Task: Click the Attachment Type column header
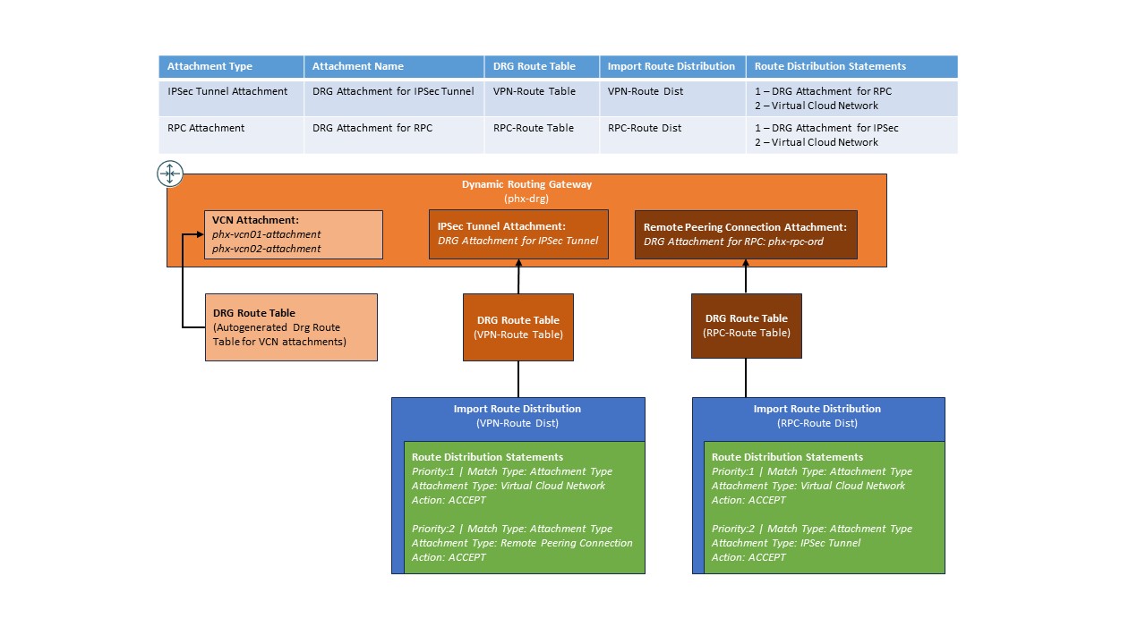210,66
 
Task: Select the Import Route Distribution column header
671,66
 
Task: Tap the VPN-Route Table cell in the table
535,91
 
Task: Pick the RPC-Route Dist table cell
645,128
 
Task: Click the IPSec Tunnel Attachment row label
227,91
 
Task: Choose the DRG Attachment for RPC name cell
372,128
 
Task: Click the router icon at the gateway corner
170,174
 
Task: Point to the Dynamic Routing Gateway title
526,184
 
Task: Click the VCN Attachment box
294,234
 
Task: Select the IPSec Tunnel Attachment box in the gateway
518,234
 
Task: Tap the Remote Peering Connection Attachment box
746,234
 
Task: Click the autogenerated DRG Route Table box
291,327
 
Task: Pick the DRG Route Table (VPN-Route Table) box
518,327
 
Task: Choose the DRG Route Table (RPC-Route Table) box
747,326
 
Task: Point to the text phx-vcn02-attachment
267,249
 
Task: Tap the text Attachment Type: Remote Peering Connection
522,543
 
